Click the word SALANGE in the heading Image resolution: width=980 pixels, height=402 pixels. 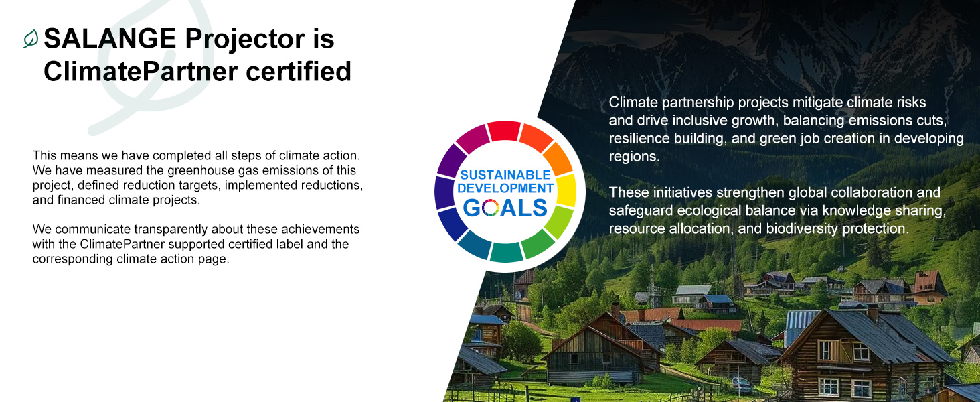[110, 39]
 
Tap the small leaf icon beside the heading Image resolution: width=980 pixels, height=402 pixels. [31, 39]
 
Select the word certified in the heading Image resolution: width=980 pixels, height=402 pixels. [299, 72]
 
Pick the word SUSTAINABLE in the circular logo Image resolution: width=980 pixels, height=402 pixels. [505, 175]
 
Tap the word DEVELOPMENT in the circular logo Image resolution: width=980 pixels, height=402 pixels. [505, 188]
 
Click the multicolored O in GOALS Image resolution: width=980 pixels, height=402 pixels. [491, 208]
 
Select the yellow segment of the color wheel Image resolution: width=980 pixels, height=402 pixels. [566, 190]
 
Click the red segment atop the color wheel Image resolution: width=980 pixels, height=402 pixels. [505, 131]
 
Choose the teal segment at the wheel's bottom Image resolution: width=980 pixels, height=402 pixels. [506, 252]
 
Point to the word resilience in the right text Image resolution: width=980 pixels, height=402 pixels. [639, 139]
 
